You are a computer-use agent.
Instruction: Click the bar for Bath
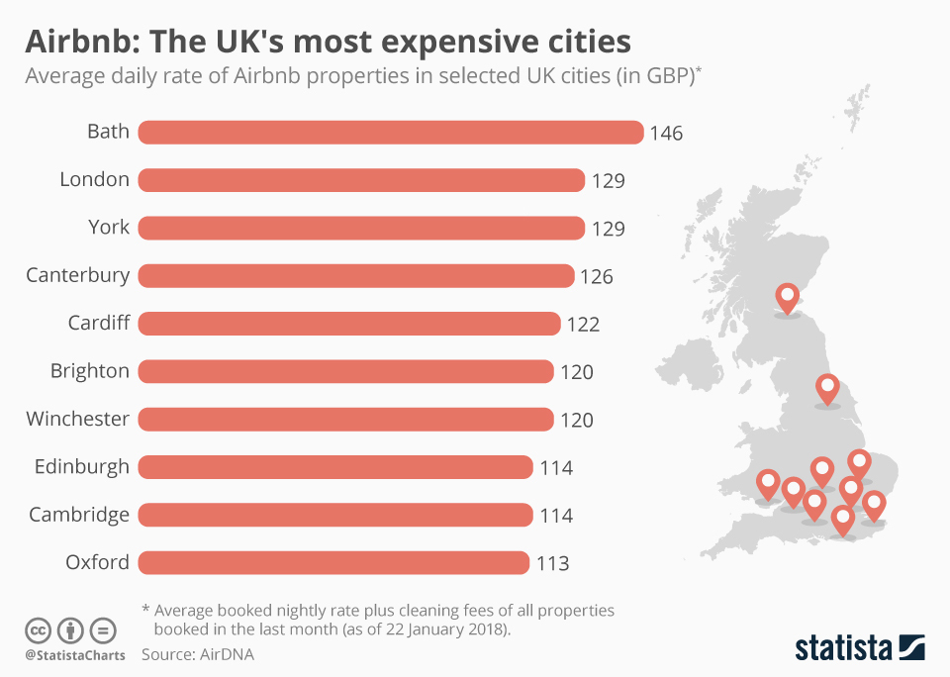391,132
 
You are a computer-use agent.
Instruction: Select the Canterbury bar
356,275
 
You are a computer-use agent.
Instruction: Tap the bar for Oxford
333,563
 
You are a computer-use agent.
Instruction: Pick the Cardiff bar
349,324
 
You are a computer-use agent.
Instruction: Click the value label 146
666,133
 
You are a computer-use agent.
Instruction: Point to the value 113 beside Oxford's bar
552,564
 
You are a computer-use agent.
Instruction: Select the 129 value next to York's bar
608,229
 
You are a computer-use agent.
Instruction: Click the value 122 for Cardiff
583,325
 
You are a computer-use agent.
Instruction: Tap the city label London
94,179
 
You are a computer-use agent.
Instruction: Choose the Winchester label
78,419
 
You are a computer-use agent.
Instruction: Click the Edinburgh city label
81,466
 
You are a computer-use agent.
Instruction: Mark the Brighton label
90,371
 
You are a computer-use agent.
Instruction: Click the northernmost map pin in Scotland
788,297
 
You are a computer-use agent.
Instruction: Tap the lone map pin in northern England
827,389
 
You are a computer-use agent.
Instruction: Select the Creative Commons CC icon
38,630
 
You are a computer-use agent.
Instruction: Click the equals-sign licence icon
103,630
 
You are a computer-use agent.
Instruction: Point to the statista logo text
842,648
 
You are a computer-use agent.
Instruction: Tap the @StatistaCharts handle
74,655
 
